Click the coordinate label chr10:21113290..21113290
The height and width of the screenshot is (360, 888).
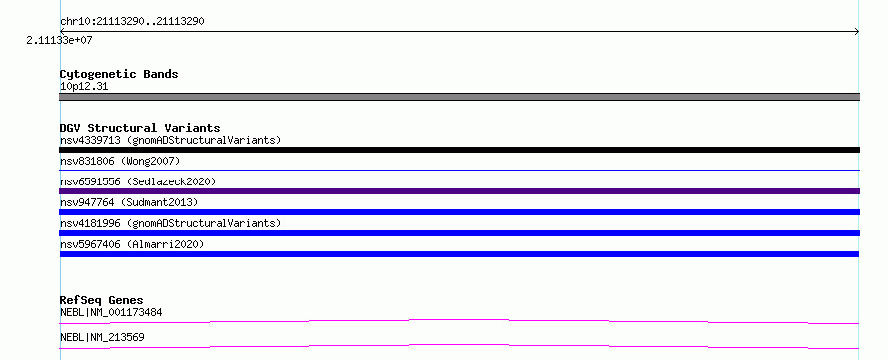pos(132,22)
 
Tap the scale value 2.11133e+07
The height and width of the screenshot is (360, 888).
pos(59,41)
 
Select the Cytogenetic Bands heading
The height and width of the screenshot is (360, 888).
pos(119,74)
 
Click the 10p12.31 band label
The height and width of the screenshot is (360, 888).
pos(84,87)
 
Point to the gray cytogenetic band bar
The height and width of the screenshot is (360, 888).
pos(459,97)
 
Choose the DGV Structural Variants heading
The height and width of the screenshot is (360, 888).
pos(140,128)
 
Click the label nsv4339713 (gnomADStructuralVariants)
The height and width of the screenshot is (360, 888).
pos(171,140)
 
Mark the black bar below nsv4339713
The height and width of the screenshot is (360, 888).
pos(459,150)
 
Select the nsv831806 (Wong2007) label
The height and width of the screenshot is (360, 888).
pos(120,162)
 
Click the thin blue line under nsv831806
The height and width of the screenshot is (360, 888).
pos(459,170)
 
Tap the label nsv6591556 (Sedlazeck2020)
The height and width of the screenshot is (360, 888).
pos(138,181)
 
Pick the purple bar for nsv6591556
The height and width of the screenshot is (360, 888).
pos(459,191)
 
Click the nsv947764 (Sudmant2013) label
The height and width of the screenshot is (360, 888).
pos(129,202)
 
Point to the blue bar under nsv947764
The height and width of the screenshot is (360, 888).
pos(459,212)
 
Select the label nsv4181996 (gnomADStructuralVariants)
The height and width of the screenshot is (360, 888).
pos(171,223)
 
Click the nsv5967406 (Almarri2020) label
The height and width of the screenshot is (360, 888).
pos(132,244)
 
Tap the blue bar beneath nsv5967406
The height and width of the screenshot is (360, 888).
pos(459,254)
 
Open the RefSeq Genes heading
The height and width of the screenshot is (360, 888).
pos(102,300)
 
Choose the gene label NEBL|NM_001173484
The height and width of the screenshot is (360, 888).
pos(112,312)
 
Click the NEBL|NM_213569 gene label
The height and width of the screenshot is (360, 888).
pos(102,337)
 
